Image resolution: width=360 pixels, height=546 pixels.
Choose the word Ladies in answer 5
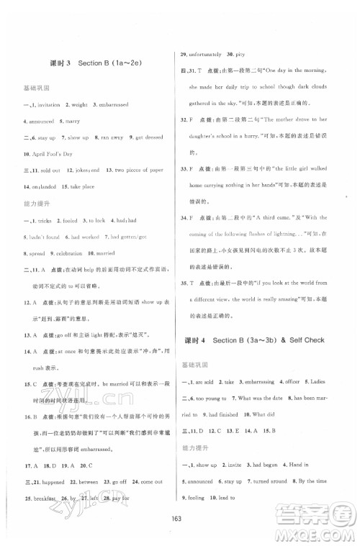(338, 400)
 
